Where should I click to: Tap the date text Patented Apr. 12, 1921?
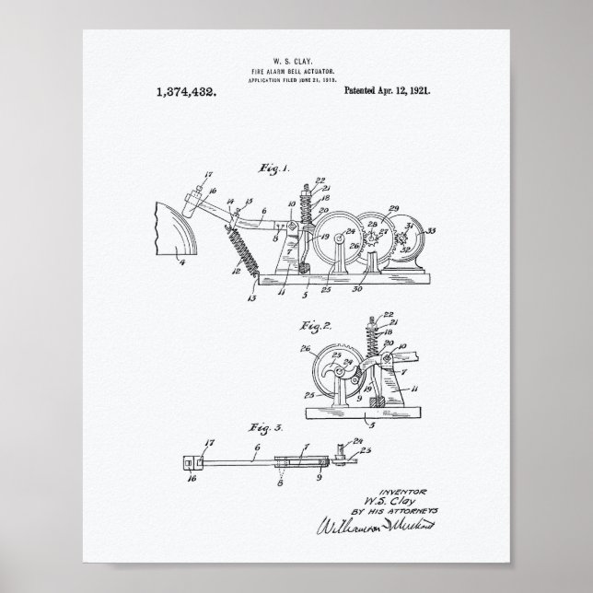pos(388,92)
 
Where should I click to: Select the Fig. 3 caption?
pos(272,429)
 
